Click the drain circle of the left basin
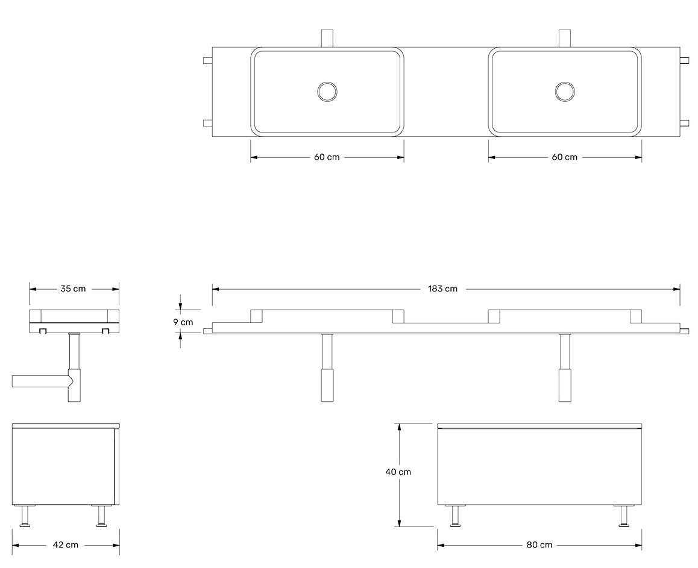[327, 92]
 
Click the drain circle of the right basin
[565, 92]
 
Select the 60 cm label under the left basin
[327, 157]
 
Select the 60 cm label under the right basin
[564, 157]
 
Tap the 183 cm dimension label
[442, 289]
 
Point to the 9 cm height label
[183, 322]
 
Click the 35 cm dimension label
[73, 289]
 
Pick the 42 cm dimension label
[66, 545]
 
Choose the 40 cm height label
[398, 472]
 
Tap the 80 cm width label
[539, 545]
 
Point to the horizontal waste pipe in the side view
[39, 381]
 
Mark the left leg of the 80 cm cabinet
[457, 516]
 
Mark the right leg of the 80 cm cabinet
[622, 516]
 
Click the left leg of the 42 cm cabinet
[26, 516]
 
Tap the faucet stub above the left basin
[327, 37]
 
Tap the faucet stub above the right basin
[565, 37]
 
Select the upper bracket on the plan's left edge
[207, 60]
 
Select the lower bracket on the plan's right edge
[684, 123]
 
